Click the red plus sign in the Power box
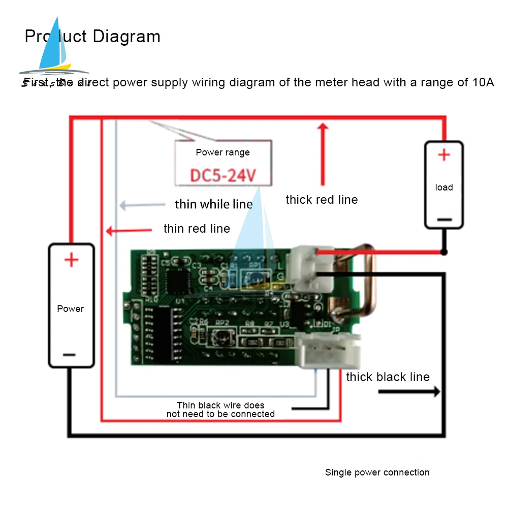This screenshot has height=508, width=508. coord(71,261)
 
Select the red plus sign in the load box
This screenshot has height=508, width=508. coord(444,155)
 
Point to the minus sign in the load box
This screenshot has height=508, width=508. coord(444,219)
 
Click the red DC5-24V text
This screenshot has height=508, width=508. coord(223,176)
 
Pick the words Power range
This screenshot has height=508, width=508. coord(223,152)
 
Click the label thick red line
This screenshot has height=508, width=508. coord(322,200)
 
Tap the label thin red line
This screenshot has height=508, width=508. coord(197,229)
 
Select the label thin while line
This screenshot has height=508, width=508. coord(214,204)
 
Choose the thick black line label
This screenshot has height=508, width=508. coord(388,377)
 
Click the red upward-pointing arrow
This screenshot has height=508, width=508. coord(322,152)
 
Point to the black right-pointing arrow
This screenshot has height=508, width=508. coord(409,392)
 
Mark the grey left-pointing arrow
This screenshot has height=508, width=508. coord(143,205)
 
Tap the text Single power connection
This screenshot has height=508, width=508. coord(377,472)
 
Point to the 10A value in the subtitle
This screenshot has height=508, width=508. coord(483,82)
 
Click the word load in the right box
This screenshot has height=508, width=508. coord(444,187)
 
